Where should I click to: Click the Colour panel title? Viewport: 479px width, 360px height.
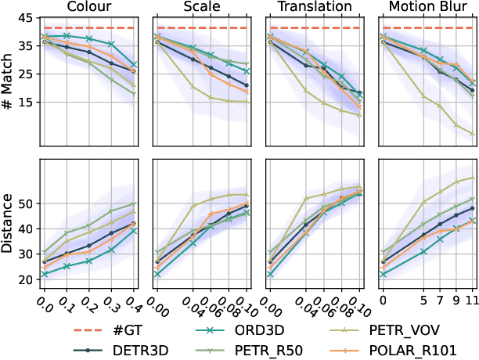(x=89, y=8)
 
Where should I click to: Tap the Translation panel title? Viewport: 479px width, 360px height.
(x=314, y=8)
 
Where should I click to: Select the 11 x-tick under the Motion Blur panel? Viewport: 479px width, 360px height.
(x=472, y=299)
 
